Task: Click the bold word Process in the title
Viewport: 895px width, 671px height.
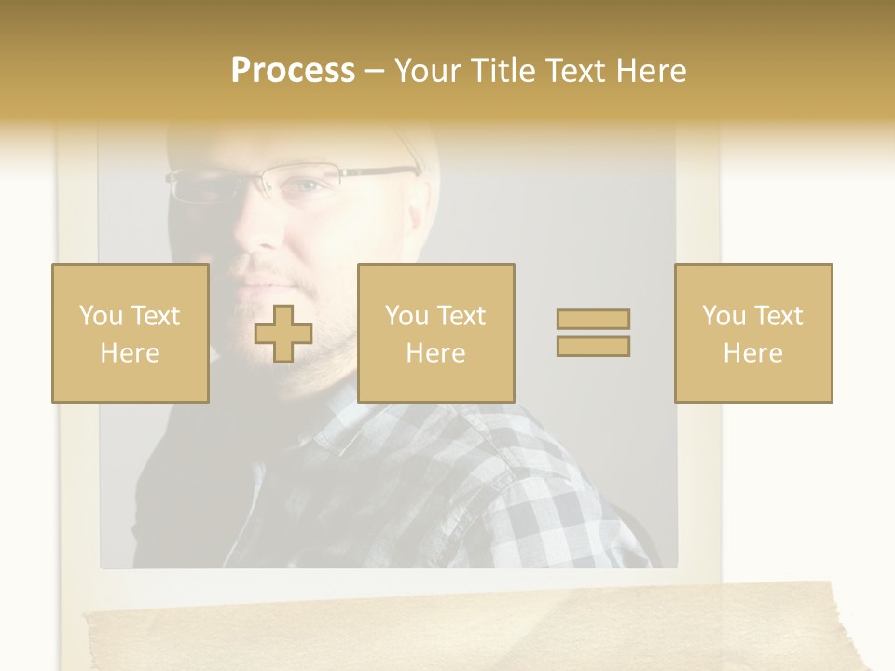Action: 293,71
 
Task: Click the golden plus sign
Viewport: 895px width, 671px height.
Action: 283,334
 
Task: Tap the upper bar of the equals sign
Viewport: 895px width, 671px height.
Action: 593,319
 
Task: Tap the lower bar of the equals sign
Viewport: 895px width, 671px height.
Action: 593,346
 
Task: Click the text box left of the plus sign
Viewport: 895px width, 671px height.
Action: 131,334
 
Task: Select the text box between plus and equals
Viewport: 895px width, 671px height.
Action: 436,334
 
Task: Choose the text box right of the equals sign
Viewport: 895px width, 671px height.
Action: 753,334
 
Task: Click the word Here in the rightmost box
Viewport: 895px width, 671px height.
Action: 753,353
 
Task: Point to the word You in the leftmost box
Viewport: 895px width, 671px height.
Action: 100,316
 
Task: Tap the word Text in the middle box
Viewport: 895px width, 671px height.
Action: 461,316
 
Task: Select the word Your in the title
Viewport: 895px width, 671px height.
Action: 427,71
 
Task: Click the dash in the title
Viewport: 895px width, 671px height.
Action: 375,71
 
